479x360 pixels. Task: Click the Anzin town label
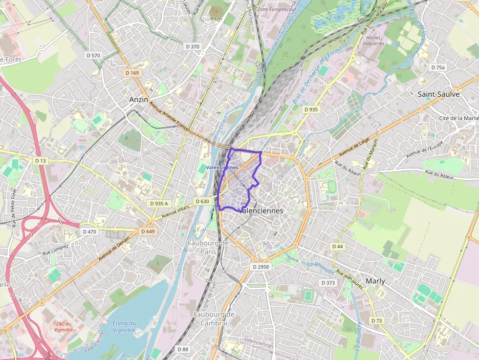[138, 99]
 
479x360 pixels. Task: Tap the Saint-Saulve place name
[438, 94]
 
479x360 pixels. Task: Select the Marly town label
[375, 281]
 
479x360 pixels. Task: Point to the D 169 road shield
[132, 73]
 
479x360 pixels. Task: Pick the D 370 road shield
[193, 46]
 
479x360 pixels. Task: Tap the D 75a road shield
[438, 67]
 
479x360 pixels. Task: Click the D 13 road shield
[41, 161]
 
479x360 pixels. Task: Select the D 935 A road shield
[159, 203]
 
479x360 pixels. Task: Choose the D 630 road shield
[202, 201]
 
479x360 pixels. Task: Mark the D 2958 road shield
[261, 267]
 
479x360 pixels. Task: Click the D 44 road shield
[337, 247]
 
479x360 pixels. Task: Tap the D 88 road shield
[182, 349]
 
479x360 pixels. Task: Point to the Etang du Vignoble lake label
[124, 326]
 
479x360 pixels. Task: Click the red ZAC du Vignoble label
[64, 326]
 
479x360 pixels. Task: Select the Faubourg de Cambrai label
[211, 318]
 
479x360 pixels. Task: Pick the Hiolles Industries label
[373, 40]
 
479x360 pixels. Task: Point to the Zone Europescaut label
[277, 9]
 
